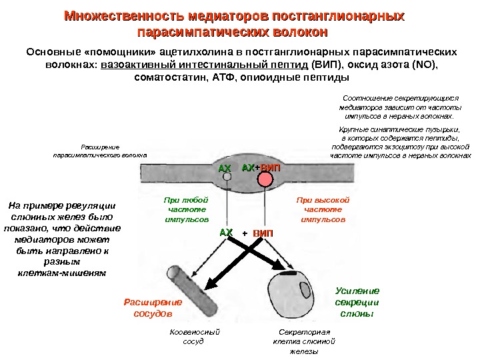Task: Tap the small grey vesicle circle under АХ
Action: [227, 179]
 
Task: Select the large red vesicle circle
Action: [266, 181]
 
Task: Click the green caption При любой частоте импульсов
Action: [187, 209]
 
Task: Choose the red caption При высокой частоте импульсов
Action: [323, 209]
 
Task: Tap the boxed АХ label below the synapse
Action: [226, 233]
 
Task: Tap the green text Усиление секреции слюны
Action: [357, 302]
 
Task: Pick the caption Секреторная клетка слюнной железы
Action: [304, 341]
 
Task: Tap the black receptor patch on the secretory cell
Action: [288, 273]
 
